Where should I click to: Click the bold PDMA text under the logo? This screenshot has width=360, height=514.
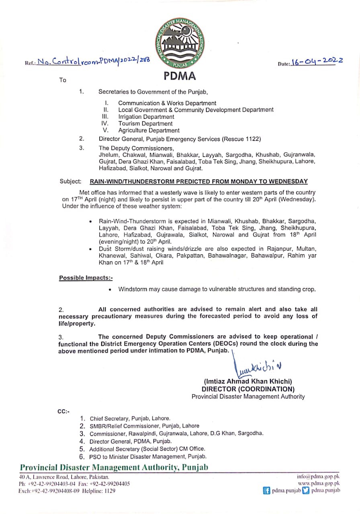coord(180,76)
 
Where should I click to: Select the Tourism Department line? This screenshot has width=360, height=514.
coord(145,124)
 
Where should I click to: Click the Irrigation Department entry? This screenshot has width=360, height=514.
coord(146,117)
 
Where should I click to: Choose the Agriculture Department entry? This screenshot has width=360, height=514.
coord(149,131)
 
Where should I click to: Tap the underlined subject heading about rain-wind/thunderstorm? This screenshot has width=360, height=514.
coord(199,182)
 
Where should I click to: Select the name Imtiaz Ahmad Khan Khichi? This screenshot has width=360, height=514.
coord(248,381)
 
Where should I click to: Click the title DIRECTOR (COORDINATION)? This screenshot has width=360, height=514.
coord(248,389)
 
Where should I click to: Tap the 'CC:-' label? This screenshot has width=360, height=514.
coord(63,411)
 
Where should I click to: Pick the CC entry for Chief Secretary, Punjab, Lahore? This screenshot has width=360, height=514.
coord(130,418)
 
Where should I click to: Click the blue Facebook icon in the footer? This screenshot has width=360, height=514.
coord(266,491)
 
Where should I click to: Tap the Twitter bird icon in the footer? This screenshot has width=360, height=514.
coord(306,491)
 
